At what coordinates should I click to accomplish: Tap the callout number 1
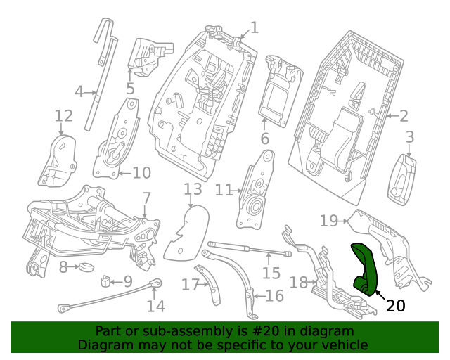tap(254, 27)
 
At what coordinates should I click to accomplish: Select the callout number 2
tap(404, 116)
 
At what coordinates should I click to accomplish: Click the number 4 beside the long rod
tap(79, 91)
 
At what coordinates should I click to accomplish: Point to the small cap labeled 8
tap(86, 266)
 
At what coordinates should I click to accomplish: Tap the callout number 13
tap(193, 188)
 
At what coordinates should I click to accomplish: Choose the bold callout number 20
tap(396, 305)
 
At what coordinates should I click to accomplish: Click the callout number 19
tap(328, 221)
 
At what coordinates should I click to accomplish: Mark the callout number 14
tap(155, 306)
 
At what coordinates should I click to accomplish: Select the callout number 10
tap(141, 172)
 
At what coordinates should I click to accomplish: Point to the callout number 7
tap(146, 198)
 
